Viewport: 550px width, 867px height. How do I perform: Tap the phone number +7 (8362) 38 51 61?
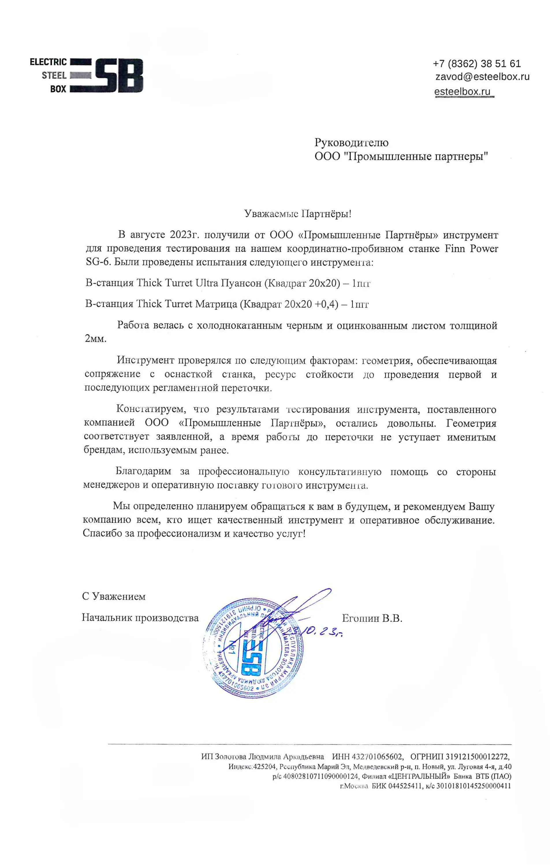(x=477, y=64)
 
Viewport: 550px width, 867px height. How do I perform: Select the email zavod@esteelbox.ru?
(x=482, y=77)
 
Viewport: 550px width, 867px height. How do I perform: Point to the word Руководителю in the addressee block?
(x=351, y=142)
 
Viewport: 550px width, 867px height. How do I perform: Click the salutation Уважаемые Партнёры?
(x=297, y=214)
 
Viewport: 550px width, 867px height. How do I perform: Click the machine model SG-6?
(x=97, y=262)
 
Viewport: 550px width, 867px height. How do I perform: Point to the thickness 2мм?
(x=95, y=339)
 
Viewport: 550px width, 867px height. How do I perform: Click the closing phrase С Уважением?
(x=114, y=596)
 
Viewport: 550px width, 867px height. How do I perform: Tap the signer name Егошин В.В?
(x=372, y=618)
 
